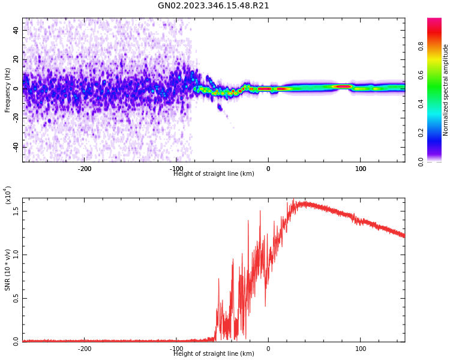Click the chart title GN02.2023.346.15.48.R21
pos(214,6)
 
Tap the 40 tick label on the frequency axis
pos(16,30)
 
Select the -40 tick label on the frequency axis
pos(15,146)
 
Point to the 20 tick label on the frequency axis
pos(16,59)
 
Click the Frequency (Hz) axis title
pos(8,90)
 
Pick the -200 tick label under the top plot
pos(84,169)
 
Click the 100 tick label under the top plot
pos(361,169)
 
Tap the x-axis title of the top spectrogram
pos(214,174)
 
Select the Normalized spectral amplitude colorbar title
pos(446,90)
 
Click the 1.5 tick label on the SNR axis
pos(16,211)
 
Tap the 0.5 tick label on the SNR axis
pos(16,298)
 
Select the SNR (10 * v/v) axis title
pos(8,270)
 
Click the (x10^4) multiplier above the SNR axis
pos(8,196)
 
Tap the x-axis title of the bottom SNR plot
pos(214,354)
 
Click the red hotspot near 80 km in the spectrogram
pos(343,86)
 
